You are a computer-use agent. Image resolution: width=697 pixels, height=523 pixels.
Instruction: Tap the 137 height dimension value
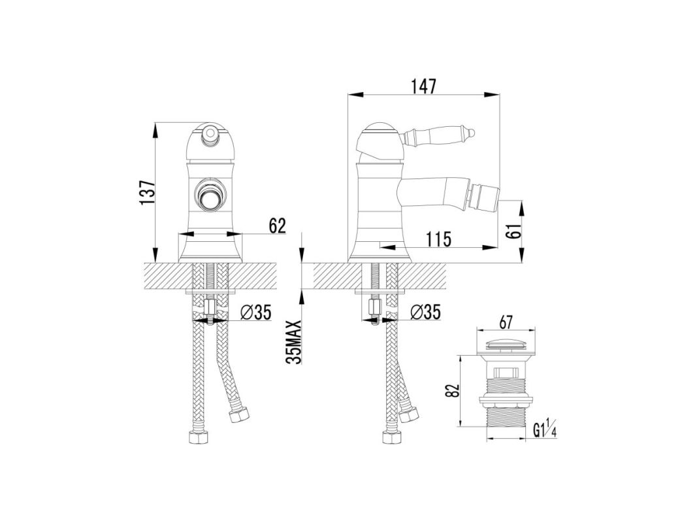(147, 193)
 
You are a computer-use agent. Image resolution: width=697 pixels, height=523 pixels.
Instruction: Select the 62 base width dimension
(277, 226)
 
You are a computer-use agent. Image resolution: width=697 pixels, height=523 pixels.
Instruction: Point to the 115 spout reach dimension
(438, 239)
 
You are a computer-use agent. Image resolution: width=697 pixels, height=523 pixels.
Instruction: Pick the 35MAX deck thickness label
(294, 343)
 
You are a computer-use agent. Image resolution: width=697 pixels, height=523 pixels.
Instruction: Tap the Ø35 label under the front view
(256, 312)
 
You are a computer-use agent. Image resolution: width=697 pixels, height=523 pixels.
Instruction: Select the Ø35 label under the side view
(425, 312)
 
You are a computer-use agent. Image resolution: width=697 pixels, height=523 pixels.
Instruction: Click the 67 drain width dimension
(506, 322)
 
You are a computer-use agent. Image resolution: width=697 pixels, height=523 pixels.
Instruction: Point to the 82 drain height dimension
(452, 391)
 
